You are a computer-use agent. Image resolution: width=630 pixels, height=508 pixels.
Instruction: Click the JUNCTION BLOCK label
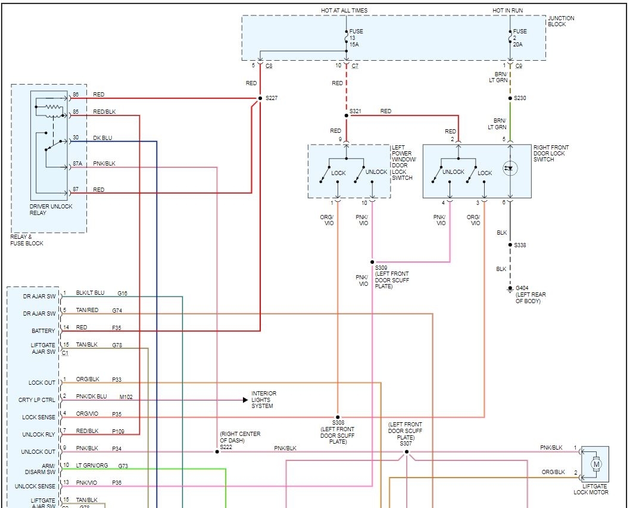561,21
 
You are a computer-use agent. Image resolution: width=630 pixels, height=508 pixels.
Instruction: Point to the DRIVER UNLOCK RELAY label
51,210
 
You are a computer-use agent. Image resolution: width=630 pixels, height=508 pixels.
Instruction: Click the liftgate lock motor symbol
596,463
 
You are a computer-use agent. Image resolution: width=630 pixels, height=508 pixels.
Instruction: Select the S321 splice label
356,111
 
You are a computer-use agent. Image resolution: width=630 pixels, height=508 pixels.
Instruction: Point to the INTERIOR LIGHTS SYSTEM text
264,400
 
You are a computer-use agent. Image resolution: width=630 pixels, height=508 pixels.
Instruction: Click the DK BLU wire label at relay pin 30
102,138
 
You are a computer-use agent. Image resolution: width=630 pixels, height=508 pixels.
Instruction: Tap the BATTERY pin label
43,331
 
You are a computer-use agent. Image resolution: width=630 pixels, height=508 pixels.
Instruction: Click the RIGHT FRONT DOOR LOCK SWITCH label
551,153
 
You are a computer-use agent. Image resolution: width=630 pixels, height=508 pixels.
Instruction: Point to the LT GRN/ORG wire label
92,465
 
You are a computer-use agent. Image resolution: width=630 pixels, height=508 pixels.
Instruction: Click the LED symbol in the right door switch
508,169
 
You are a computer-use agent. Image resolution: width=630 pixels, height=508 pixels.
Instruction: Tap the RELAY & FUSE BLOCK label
27,240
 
